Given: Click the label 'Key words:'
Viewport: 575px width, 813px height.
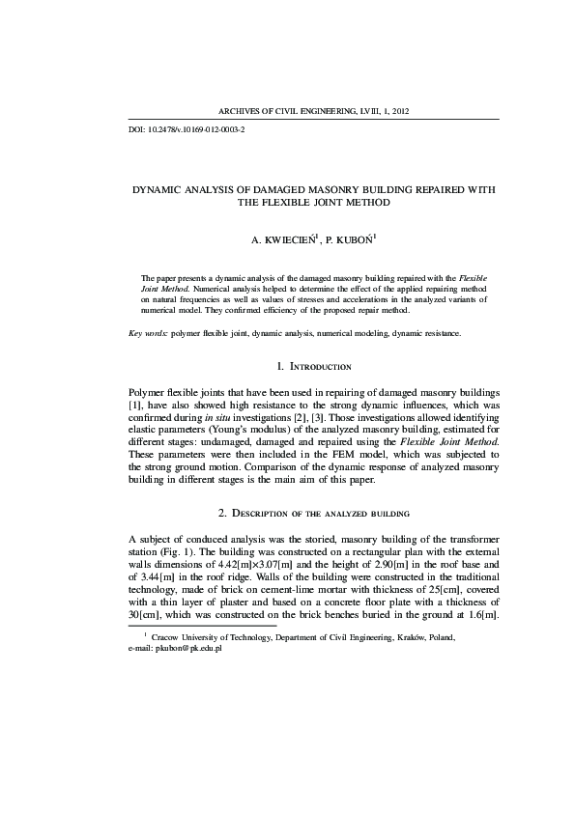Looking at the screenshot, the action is click(x=148, y=333).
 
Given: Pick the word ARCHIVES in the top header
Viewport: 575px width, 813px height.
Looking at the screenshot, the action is click(x=244, y=111).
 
